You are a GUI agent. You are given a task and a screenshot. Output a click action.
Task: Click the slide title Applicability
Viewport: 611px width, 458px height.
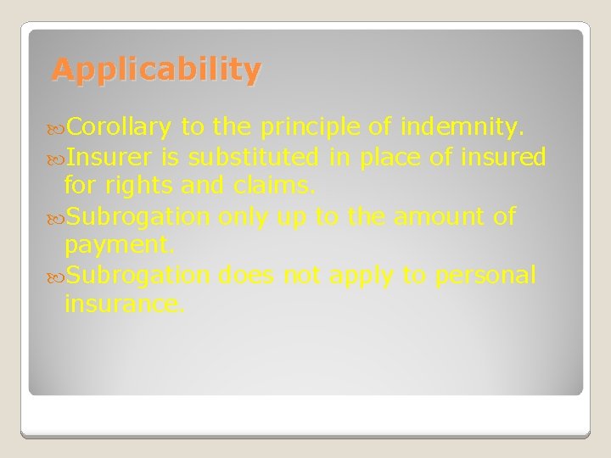pos(156,70)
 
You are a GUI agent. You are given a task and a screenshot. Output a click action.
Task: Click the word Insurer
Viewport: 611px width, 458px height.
pos(109,157)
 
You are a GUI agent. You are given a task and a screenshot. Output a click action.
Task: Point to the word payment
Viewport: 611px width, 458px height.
pos(120,245)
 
